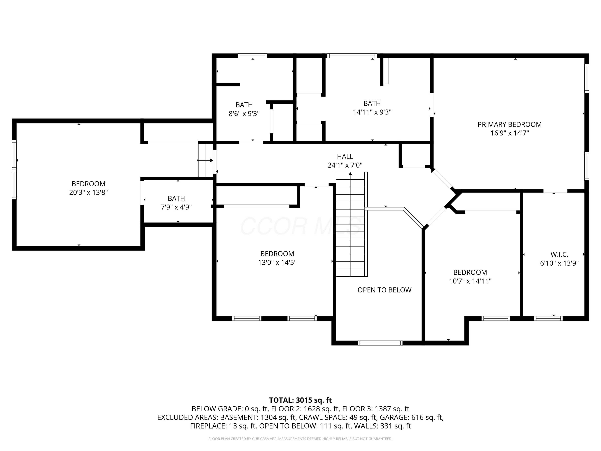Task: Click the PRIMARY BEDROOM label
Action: click(509, 124)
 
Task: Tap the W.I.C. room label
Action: click(559, 254)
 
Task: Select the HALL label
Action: click(345, 157)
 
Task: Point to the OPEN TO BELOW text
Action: click(384, 290)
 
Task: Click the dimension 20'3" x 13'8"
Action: click(88, 192)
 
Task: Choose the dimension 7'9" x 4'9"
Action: click(176, 207)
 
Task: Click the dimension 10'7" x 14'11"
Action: click(470, 281)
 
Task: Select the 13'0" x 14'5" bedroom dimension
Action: click(277, 263)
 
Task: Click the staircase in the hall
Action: click(350, 224)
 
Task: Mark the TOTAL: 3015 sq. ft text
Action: click(300, 400)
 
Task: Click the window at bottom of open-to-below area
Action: click(380, 343)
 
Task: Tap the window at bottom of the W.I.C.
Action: click(548, 318)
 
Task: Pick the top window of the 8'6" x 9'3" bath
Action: click(252, 56)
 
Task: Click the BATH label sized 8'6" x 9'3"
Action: click(244, 105)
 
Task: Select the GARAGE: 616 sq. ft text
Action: click(411, 417)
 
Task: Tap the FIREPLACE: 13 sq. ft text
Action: click(223, 426)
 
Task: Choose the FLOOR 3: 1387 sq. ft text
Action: click(375, 409)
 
